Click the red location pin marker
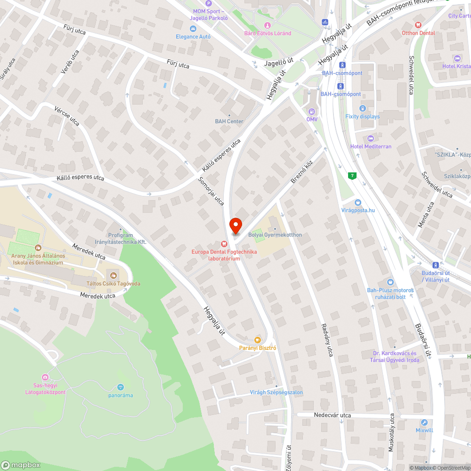(235, 226)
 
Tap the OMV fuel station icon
(311, 111)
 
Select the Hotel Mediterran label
(371, 146)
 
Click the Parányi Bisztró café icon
(257, 340)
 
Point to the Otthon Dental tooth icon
(418, 25)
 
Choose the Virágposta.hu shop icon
(358, 202)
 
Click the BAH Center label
(229, 122)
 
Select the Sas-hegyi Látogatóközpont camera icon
(45, 377)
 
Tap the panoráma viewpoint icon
(120, 387)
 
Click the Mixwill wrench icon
(424, 422)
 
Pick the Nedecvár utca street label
(333, 415)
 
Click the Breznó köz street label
(301, 171)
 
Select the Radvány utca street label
(327, 339)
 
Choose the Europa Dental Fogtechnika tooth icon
(224, 244)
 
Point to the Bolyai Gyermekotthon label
(275, 235)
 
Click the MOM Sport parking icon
(210, 3)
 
